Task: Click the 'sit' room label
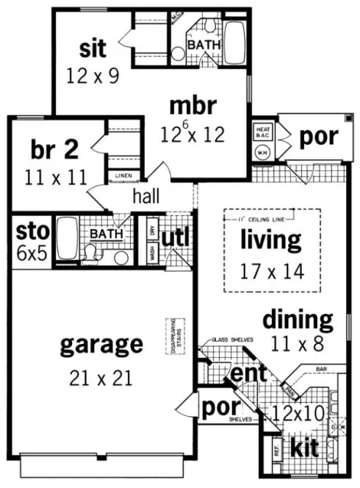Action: coord(93,49)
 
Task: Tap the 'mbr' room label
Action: coord(192,107)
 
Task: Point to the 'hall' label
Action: coord(147,196)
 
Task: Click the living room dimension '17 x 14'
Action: coord(272,270)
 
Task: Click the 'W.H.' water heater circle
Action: coord(262,153)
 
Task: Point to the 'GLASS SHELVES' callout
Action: coord(234,340)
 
